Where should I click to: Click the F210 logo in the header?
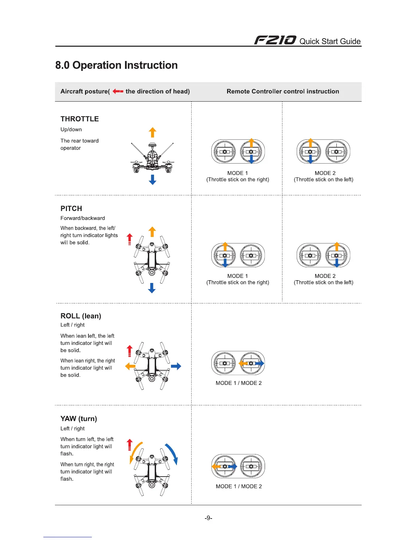tap(275, 41)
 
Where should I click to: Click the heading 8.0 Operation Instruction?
tap(116, 65)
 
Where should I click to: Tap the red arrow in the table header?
tap(118, 91)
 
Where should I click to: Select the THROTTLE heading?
tap(80, 119)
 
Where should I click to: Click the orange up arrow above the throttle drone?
tap(153, 132)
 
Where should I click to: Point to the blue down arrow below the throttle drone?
tap(153, 180)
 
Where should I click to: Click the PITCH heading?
tap(71, 209)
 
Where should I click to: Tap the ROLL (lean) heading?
tap(81, 316)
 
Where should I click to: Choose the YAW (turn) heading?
tap(79, 419)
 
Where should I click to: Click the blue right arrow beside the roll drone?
tap(176, 366)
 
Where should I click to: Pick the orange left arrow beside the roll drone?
tap(130, 366)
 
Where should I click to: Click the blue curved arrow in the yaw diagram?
tap(172, 454)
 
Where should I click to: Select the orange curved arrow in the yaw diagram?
tap(135, 452)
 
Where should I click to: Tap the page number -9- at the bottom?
tap(208, 518)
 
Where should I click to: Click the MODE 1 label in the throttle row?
tap(237, 173)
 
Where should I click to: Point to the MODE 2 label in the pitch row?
tap(325, 276)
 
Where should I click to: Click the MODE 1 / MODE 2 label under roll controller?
tap(238, 383)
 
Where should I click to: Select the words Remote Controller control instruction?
tap(283, 91)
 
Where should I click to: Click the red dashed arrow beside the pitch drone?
tap(129, 239)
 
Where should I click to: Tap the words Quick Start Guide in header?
tap(330, 42)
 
